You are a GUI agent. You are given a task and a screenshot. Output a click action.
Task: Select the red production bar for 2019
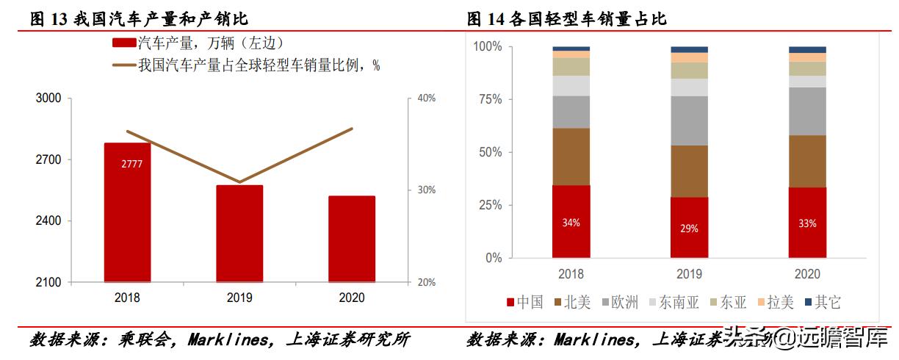pyautogui.click(x=239, y=233)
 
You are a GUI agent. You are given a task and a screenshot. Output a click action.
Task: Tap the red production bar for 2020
pyautogui.click(x=351, y=239)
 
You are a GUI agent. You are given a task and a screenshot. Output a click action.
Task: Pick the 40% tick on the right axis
pyautogui.click(x=427, y=98)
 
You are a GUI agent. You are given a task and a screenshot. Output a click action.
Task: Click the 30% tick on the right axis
pyautogui.click(x=427, y=190)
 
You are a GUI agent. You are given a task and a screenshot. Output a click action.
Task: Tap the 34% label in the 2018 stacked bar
pyautogui.click(x=571, y=223)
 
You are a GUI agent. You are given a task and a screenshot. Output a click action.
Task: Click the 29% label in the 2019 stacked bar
pyautogui.click(x=689, y=228)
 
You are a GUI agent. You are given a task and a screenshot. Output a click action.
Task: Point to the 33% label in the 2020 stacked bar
pyautogui.click(x=807, y=223)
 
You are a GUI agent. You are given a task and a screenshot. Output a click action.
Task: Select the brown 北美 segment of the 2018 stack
pyautogui.click(x=571, y=156)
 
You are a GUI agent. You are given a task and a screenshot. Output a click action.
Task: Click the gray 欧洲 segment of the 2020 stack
pyautogui.click(x=807, y=111)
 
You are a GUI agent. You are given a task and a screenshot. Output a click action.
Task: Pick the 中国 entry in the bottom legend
pyautogui.click(x=524, y=302)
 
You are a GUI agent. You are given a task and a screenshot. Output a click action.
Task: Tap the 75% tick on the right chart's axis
pyautogui.click(x=488, y=99)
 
